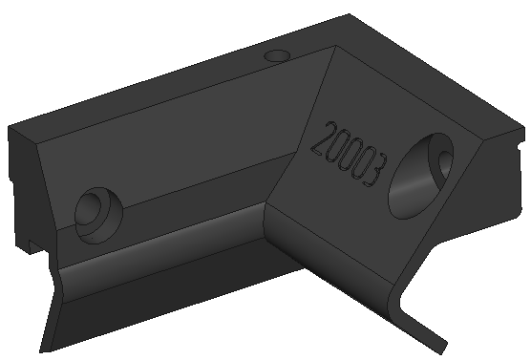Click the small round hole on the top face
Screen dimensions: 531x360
[x=278, y=55]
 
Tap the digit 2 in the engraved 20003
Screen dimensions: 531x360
[x=324, y=138]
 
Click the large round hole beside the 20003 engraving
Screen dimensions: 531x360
[x=420, y=176]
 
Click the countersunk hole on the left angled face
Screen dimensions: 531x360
[x=98, y=215]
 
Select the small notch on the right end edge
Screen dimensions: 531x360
[x=521, y=146]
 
